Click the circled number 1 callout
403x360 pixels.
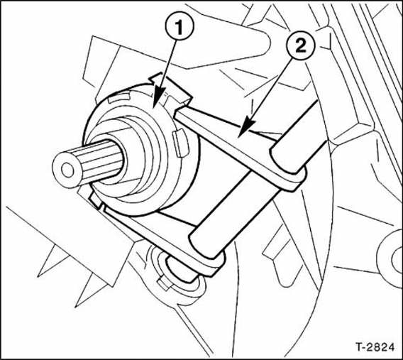pos(179,27)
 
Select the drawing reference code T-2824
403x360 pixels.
pos(375,347)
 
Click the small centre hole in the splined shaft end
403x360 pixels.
pos(67,170)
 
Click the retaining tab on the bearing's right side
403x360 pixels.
pos(181,143)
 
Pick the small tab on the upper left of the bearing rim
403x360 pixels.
pos(118,97)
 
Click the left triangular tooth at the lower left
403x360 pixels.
pos(51,261)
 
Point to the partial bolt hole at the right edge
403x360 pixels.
pos(397,260)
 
